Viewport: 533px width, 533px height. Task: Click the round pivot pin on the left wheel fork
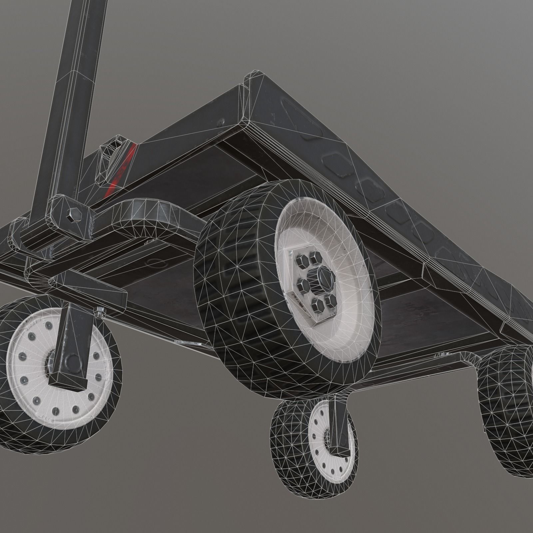[x=71, y=361]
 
